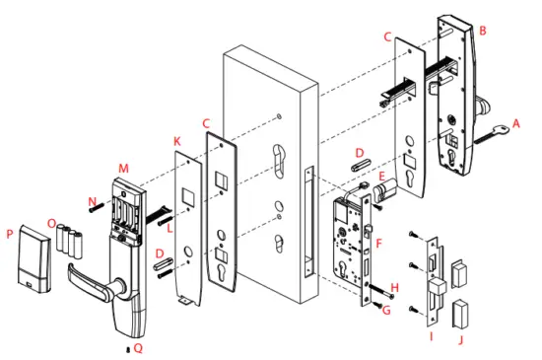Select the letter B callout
pos(483,31)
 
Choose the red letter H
pos(395,289)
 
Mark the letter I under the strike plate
pos(429,335)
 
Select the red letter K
pos(177,142)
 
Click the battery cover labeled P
pos(32,259)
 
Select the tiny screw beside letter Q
pos(127,349)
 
